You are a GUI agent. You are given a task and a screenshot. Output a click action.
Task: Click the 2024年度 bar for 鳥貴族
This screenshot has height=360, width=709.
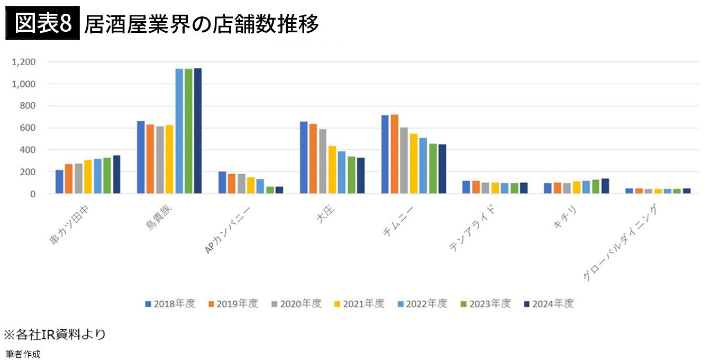[x=198, y=131]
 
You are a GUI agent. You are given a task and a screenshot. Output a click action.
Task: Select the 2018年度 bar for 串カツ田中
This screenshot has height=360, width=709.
[x=59, y=182]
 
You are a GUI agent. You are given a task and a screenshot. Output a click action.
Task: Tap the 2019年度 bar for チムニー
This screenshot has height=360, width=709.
[x=395, y=154]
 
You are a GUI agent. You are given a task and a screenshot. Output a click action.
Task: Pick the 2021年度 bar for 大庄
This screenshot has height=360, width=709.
[x=332, y=170]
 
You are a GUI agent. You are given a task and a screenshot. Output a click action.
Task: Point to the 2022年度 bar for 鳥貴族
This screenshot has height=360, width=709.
[x=179, y=131]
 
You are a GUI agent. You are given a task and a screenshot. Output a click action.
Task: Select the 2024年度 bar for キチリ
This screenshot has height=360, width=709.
[x=605, y=186]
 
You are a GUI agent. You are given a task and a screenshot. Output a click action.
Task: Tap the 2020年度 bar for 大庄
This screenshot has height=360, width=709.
[x=323, y=161]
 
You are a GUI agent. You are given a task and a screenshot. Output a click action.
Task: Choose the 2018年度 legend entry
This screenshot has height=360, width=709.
[x=170, y=304]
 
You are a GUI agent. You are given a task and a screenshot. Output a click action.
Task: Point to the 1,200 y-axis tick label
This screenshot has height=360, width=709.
[x=24, y=62]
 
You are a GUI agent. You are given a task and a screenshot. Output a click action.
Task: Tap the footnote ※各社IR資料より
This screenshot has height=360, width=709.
[x=55, y=335]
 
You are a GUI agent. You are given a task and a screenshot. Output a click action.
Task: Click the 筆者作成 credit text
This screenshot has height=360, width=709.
[x=23, y=354]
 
